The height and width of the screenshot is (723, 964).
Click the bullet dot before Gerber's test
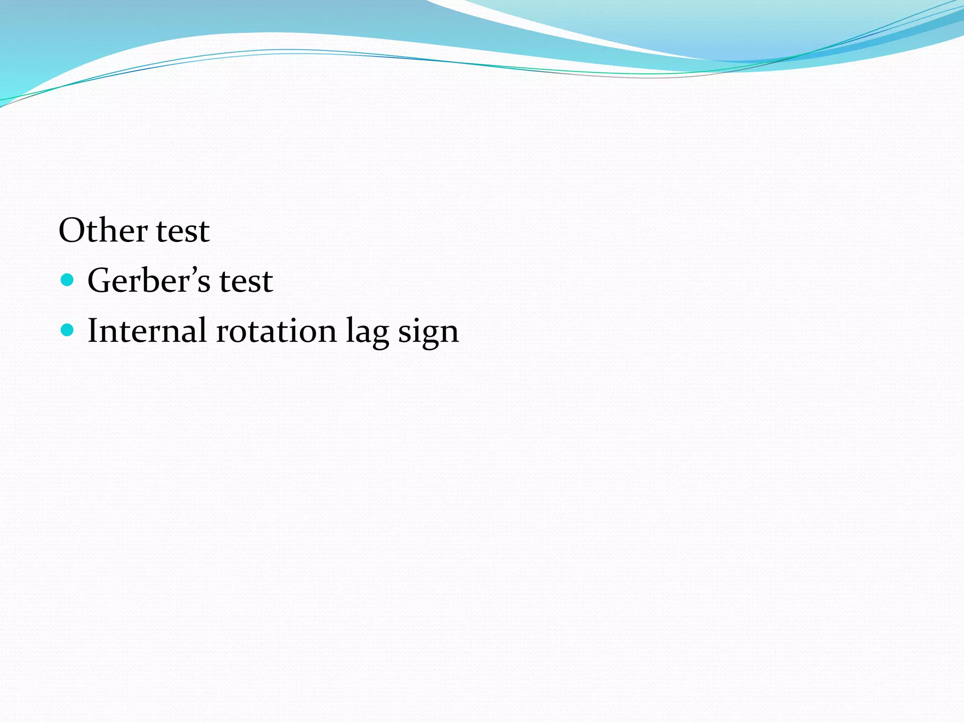coord(68,281)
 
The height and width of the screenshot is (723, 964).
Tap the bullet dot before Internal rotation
coord(68,330)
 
